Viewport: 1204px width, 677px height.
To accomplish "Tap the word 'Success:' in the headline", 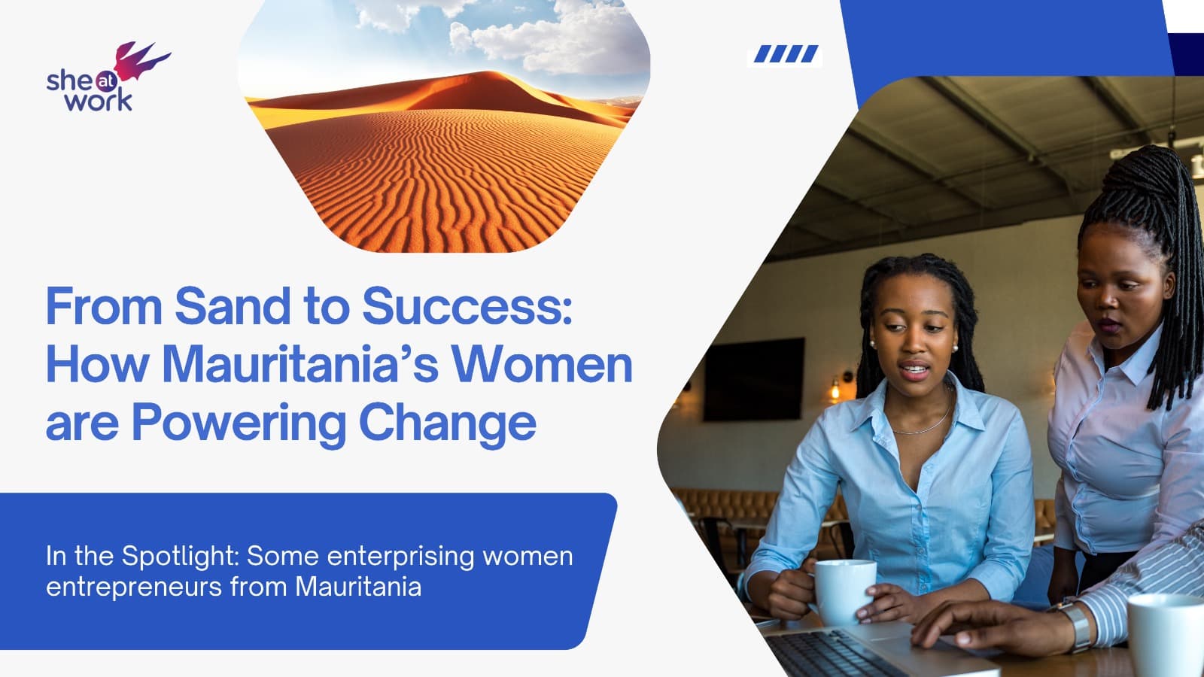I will (x=467, y=307).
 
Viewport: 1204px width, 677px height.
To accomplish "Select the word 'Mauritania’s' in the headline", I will (x=300, y=365).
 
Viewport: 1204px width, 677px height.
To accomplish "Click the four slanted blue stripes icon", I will (x=786, y=54).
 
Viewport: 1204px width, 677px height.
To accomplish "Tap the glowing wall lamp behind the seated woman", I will (x=835, y=390).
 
